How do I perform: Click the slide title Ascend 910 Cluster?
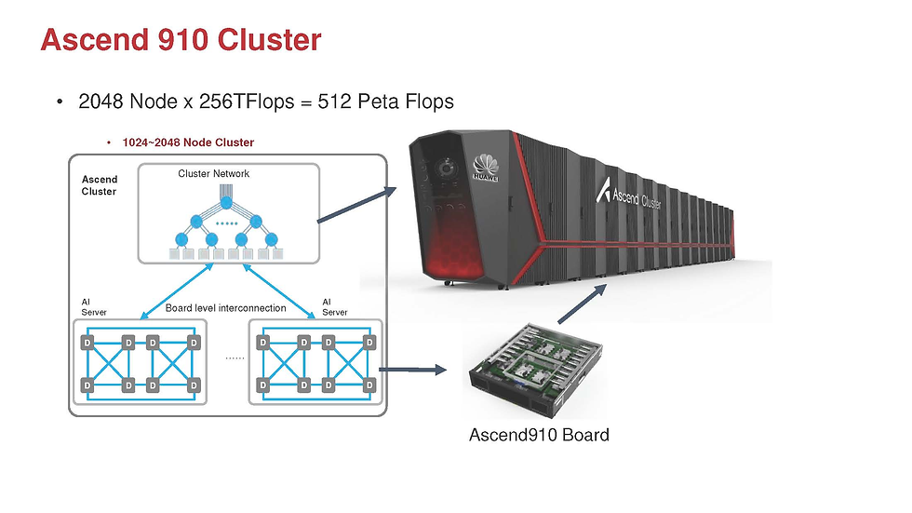(181, 40)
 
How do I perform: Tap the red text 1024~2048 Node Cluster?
(188, 142)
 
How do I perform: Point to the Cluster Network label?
(214, 173)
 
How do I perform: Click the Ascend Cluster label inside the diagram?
(100, 185)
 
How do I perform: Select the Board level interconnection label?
(225, 308)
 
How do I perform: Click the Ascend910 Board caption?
(539, 435)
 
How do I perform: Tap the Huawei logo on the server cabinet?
(482, 164)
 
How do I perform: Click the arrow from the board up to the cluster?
(584, 304)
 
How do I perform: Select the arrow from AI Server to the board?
(411, 370)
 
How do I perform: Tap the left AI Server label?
(94, 307)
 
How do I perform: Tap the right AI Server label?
(334, 307)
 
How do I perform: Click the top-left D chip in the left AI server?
(87, 344)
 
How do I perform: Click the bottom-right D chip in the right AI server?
(369, 385)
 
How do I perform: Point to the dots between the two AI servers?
(235, 357)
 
